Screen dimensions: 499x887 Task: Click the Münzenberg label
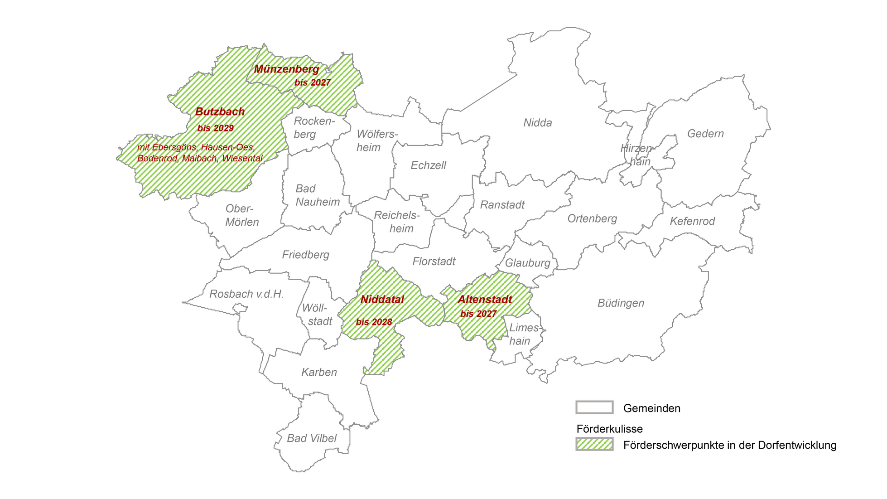[286, 69]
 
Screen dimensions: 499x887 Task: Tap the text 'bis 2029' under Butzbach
[216, 128]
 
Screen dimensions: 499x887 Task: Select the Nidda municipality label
[537, 123]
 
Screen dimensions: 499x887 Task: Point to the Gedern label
[705, 134]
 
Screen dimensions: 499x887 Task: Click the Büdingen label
[621, 303]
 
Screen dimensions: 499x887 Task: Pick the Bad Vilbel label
[312, 438]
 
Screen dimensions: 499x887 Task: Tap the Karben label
[319, 372]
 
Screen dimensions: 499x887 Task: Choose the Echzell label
[428, 165]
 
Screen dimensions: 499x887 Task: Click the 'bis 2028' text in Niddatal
[374, 322]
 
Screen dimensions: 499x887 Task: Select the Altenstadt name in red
[485, 300]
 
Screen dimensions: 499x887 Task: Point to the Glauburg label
[527, 263]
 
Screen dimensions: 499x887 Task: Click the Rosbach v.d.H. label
[246, 294]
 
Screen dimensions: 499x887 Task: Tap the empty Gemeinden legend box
[594, 407]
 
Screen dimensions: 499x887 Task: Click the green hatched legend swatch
[594, 444]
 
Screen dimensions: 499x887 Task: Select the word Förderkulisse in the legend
[609, 429]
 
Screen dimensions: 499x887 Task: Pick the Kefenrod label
[692, 221]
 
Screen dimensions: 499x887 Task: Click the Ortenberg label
[592, 218]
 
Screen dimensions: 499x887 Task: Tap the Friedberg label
[305, 255]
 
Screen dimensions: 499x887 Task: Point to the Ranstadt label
[502, 205]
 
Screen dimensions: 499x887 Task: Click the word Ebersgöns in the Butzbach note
[174, 147]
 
